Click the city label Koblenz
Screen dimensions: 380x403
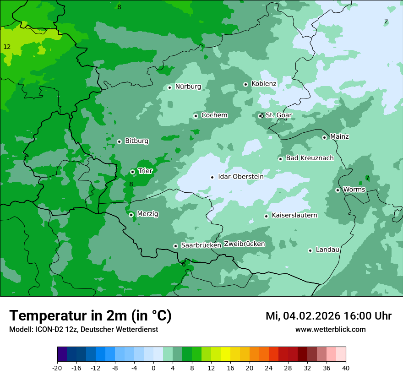264,84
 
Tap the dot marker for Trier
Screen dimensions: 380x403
132,172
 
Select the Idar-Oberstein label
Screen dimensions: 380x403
240,177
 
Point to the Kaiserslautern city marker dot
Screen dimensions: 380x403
266,216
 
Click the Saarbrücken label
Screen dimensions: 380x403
201,245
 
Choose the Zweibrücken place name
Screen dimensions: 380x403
244,244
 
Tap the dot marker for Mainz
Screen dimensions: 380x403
324,137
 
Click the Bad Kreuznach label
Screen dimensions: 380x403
310,158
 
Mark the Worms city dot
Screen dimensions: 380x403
338,190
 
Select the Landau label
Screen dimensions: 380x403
327,250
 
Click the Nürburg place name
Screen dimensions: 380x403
188,87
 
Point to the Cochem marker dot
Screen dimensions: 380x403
196,116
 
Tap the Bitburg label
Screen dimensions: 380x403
136,141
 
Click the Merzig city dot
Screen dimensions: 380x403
131,215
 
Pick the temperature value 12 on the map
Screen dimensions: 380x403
7,47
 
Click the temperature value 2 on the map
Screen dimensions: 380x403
386,22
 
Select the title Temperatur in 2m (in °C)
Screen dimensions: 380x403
90,315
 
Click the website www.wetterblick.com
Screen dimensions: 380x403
330,330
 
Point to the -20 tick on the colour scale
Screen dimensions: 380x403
57,368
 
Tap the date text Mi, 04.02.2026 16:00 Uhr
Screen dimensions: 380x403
328,316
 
